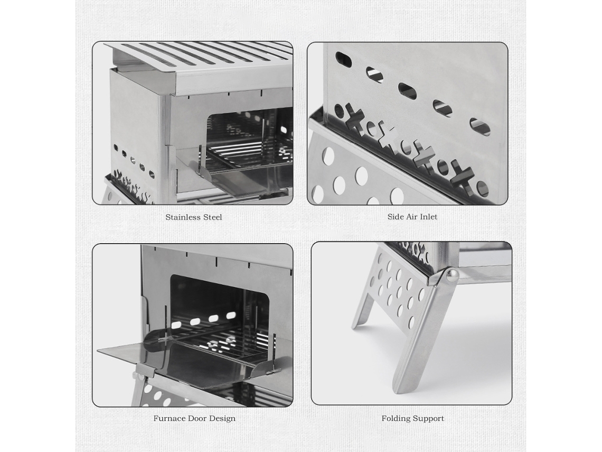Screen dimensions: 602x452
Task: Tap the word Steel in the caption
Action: pyautogui.click(x=213, y=217)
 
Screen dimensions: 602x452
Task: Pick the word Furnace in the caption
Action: pyautogui.click(x=170, y=419)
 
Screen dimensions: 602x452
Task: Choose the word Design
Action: pyautogui.click(x=222, y=419)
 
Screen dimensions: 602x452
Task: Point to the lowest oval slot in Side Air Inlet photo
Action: pyautogui.click(x=481, y=127)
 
